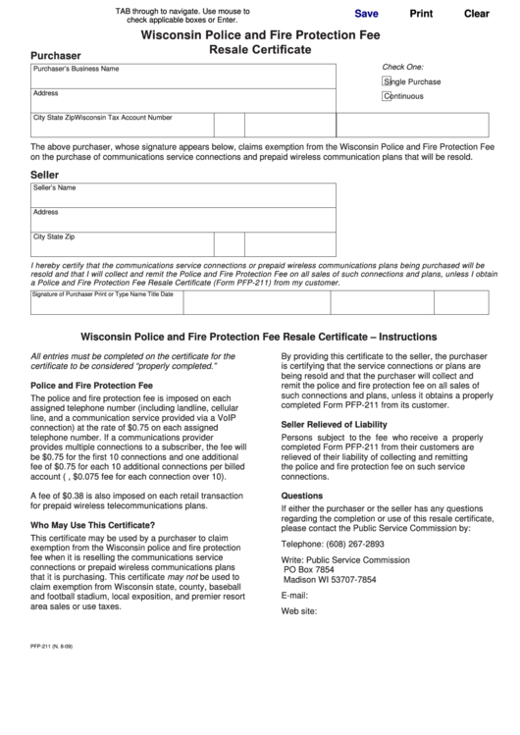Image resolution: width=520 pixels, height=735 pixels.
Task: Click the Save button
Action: pos(366,14)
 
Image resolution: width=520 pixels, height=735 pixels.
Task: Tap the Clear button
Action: pos(476,14)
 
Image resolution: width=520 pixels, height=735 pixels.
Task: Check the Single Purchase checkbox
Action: pos(387,81)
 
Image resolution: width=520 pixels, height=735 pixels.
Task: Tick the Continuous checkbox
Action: pos(387,96)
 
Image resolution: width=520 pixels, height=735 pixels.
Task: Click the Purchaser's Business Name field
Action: pos(182,76)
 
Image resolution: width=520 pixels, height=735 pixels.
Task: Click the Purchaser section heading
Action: pos(56,56)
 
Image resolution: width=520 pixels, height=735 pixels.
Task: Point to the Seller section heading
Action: pos(45,174)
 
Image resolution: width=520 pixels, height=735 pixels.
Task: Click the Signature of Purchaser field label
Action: pos(102,293)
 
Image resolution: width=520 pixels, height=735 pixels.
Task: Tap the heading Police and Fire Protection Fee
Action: pos(92,386)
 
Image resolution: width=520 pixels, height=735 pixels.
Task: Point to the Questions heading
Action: pos(302,496)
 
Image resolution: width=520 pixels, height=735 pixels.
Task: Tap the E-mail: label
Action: pos(295,596)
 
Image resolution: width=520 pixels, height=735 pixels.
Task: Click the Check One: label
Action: pos(402,66)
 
